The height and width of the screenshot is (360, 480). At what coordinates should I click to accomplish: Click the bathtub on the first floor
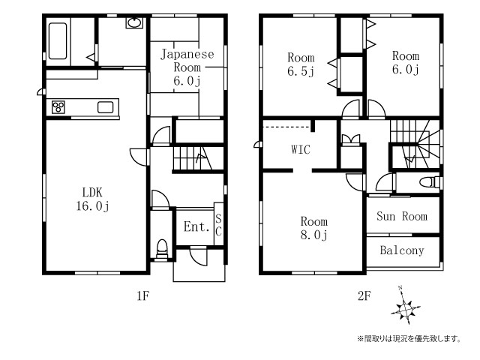click(x=58, y=41)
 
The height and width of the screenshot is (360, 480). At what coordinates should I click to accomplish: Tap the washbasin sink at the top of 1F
click(x=134, y=23)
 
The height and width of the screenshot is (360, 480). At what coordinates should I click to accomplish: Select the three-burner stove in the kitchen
click(x=58, y=107)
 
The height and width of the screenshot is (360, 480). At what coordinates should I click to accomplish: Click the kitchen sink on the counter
click(x=105, y=107)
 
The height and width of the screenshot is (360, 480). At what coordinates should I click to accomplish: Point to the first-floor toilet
click(x=162, y=249)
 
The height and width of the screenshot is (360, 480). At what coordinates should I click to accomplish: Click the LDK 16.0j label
click(x=92, y=199)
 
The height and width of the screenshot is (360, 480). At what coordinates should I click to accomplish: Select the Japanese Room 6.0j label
click(x=187, y=67)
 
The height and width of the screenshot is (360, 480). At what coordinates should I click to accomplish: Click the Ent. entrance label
click(x=196, y=226)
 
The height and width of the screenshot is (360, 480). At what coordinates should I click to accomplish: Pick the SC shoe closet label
click(x=218, y=225)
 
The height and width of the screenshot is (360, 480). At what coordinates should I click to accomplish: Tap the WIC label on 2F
click(x=301, y=149)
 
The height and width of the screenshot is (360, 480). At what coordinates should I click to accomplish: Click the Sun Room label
click(x=402, y=217)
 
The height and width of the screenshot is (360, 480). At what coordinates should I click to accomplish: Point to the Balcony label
click(x=402, y=250)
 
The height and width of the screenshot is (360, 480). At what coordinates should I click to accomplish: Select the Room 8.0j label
click(x=314, y=228)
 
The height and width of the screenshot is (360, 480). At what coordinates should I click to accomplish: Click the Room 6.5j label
click(x=301, y=64)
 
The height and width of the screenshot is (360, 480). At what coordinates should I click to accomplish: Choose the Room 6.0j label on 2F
click(x=406, y=63)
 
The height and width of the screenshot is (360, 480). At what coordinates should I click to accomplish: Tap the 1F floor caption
click(x=143, y=296)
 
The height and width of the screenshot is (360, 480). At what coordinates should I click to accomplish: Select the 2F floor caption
click(x=364, y=296)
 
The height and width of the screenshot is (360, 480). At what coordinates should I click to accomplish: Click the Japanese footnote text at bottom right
click(x=409, y=338)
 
